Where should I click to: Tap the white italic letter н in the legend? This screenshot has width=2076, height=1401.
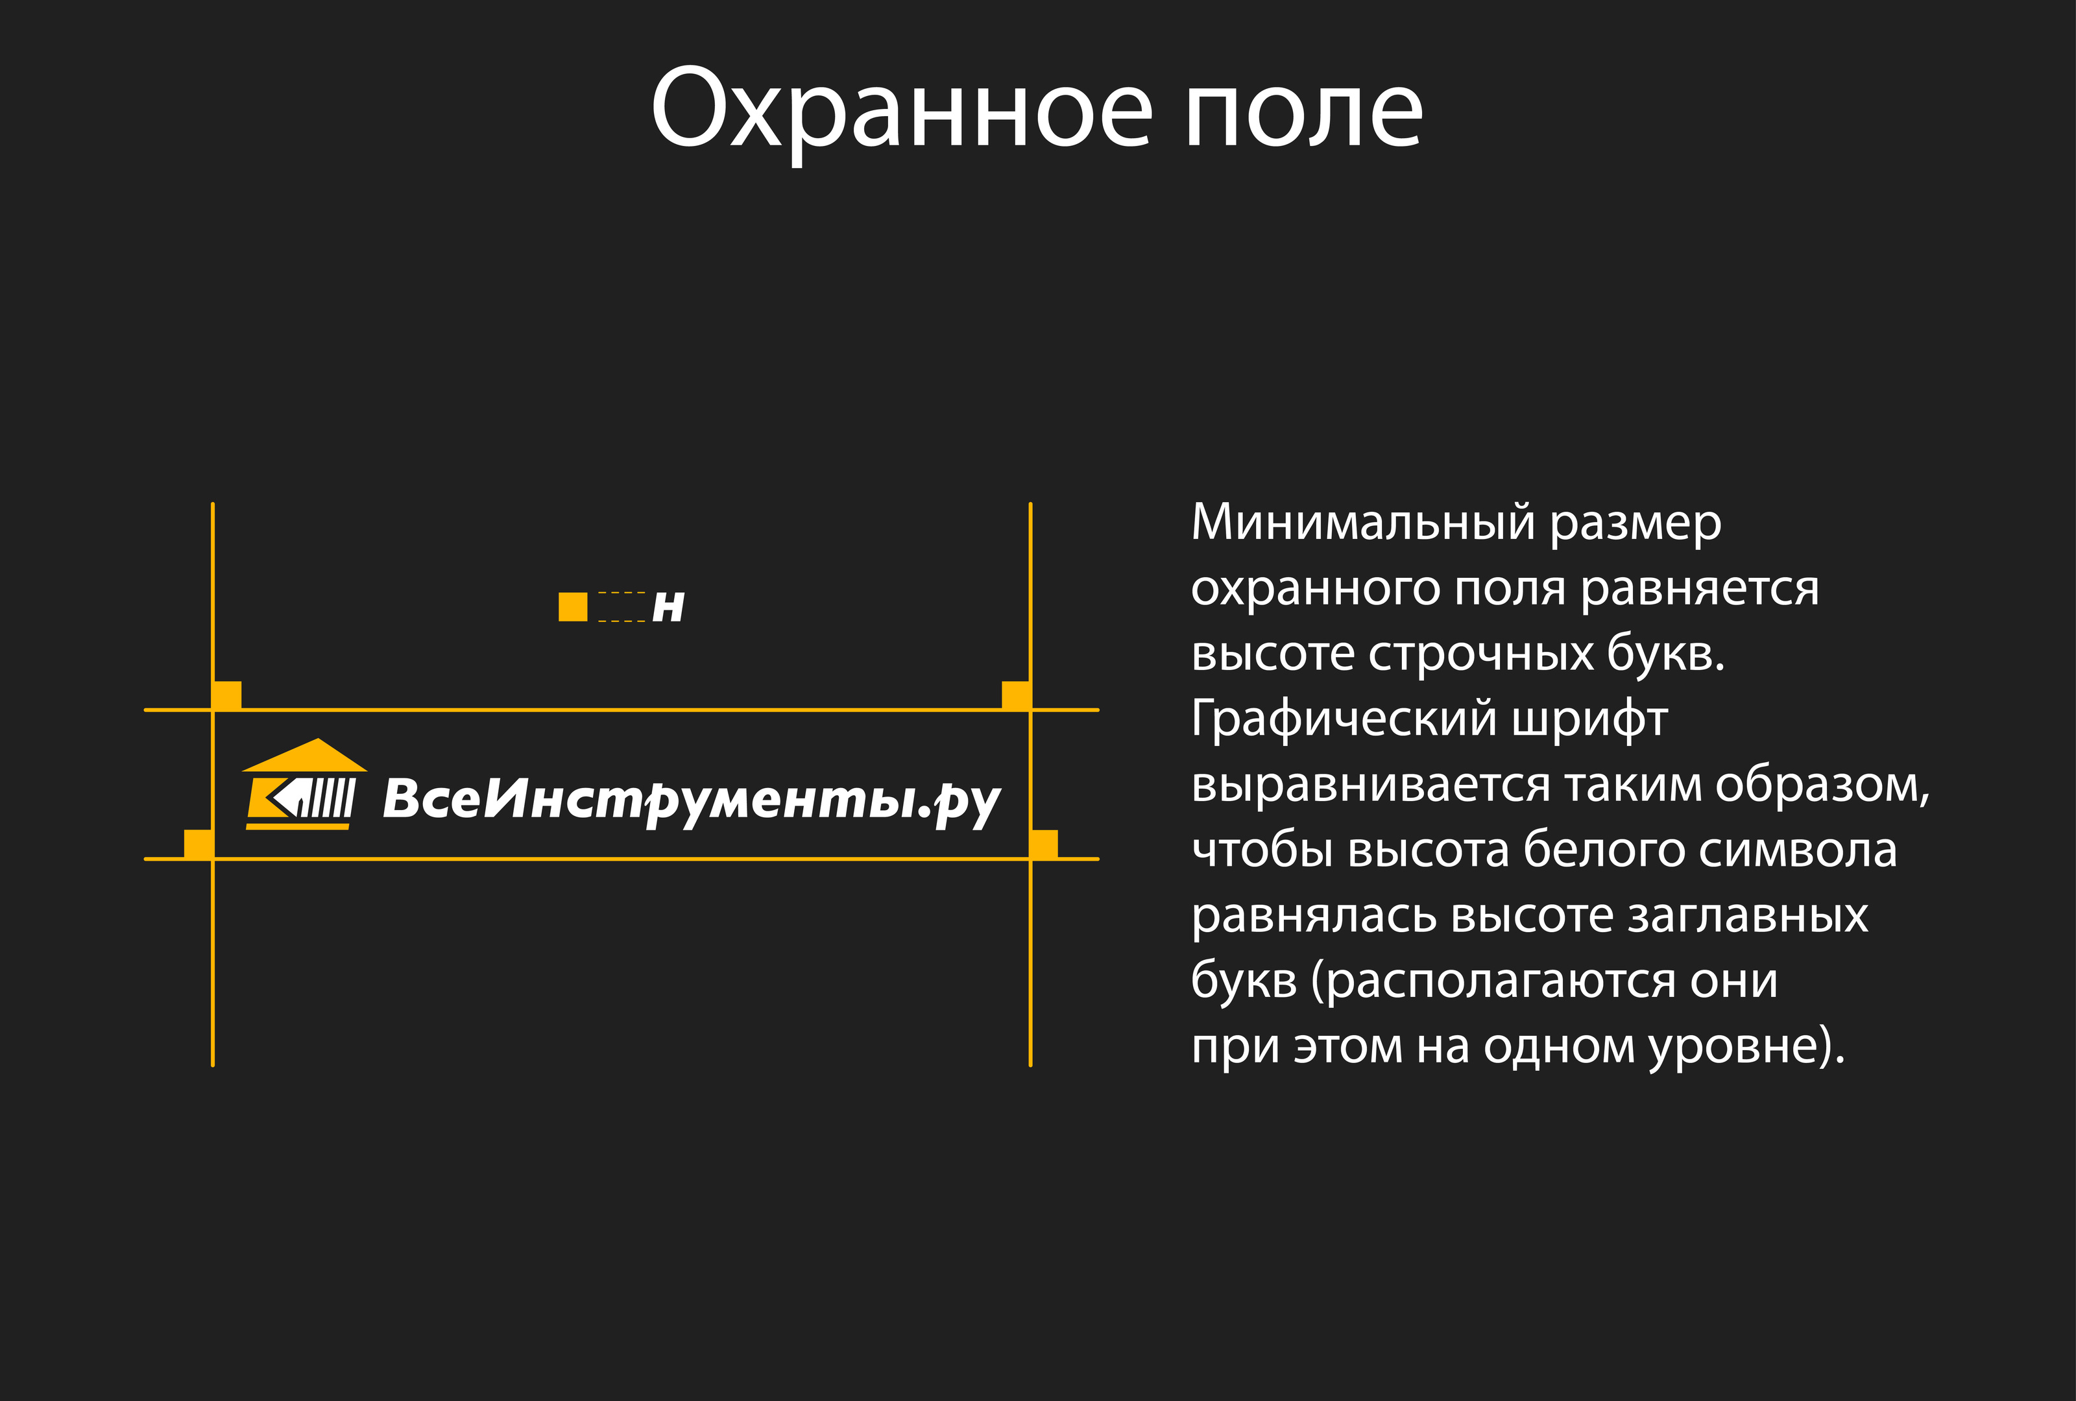(x=668, y=607)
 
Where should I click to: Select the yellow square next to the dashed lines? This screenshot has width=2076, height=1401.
(x=573, y=606)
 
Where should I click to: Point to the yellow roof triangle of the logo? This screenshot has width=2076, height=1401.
(x=306, y=756)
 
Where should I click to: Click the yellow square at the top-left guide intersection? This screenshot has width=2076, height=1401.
(x=227, y=695)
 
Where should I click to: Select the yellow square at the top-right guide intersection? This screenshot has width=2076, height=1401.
(x=1016, y=695)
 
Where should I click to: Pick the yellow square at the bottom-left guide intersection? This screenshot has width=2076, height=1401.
(x=199, y=844)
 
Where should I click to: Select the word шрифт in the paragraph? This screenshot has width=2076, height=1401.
(x=1589, y=721)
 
